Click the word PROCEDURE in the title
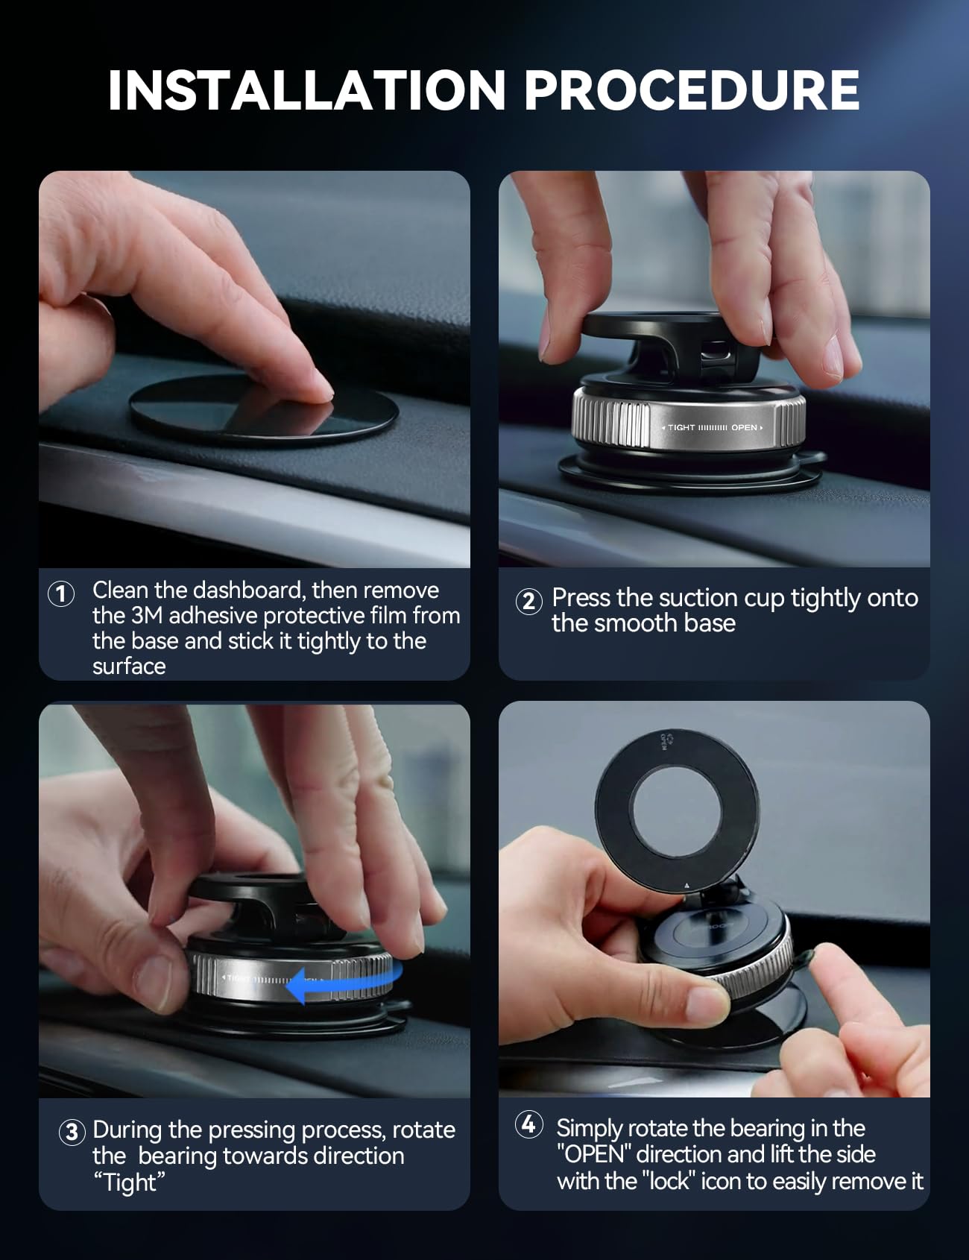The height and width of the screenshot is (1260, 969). click(x=691, y=91)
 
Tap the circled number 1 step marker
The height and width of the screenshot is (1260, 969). click(x=61, y=594)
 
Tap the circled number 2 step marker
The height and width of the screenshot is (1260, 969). click(x=528, y=601)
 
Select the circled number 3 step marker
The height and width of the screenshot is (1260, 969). click(x=72, y=1133)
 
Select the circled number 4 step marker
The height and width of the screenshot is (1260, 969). click(x=528, y=1124)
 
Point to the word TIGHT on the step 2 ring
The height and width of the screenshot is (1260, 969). click(x=681, y=427)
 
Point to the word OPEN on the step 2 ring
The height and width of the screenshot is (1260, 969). click(x=744, y=427)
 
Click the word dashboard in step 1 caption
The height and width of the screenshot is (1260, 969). click(x=249, y=590)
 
